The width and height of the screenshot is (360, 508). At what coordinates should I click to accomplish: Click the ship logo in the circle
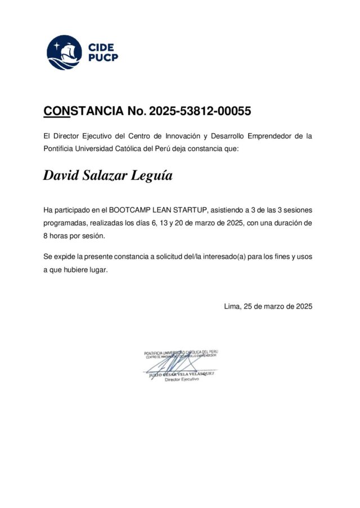coord(64,52)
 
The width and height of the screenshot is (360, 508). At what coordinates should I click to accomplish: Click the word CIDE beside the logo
coord(101,47)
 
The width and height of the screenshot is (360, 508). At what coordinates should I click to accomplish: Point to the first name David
coord(61,175)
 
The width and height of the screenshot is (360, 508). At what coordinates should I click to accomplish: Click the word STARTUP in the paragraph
coord(191,210)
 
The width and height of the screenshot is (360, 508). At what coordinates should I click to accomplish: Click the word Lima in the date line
coord(231,307)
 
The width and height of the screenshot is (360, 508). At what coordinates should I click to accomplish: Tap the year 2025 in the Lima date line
coord(303,307)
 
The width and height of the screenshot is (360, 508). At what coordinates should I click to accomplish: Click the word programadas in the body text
coord(65,223)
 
